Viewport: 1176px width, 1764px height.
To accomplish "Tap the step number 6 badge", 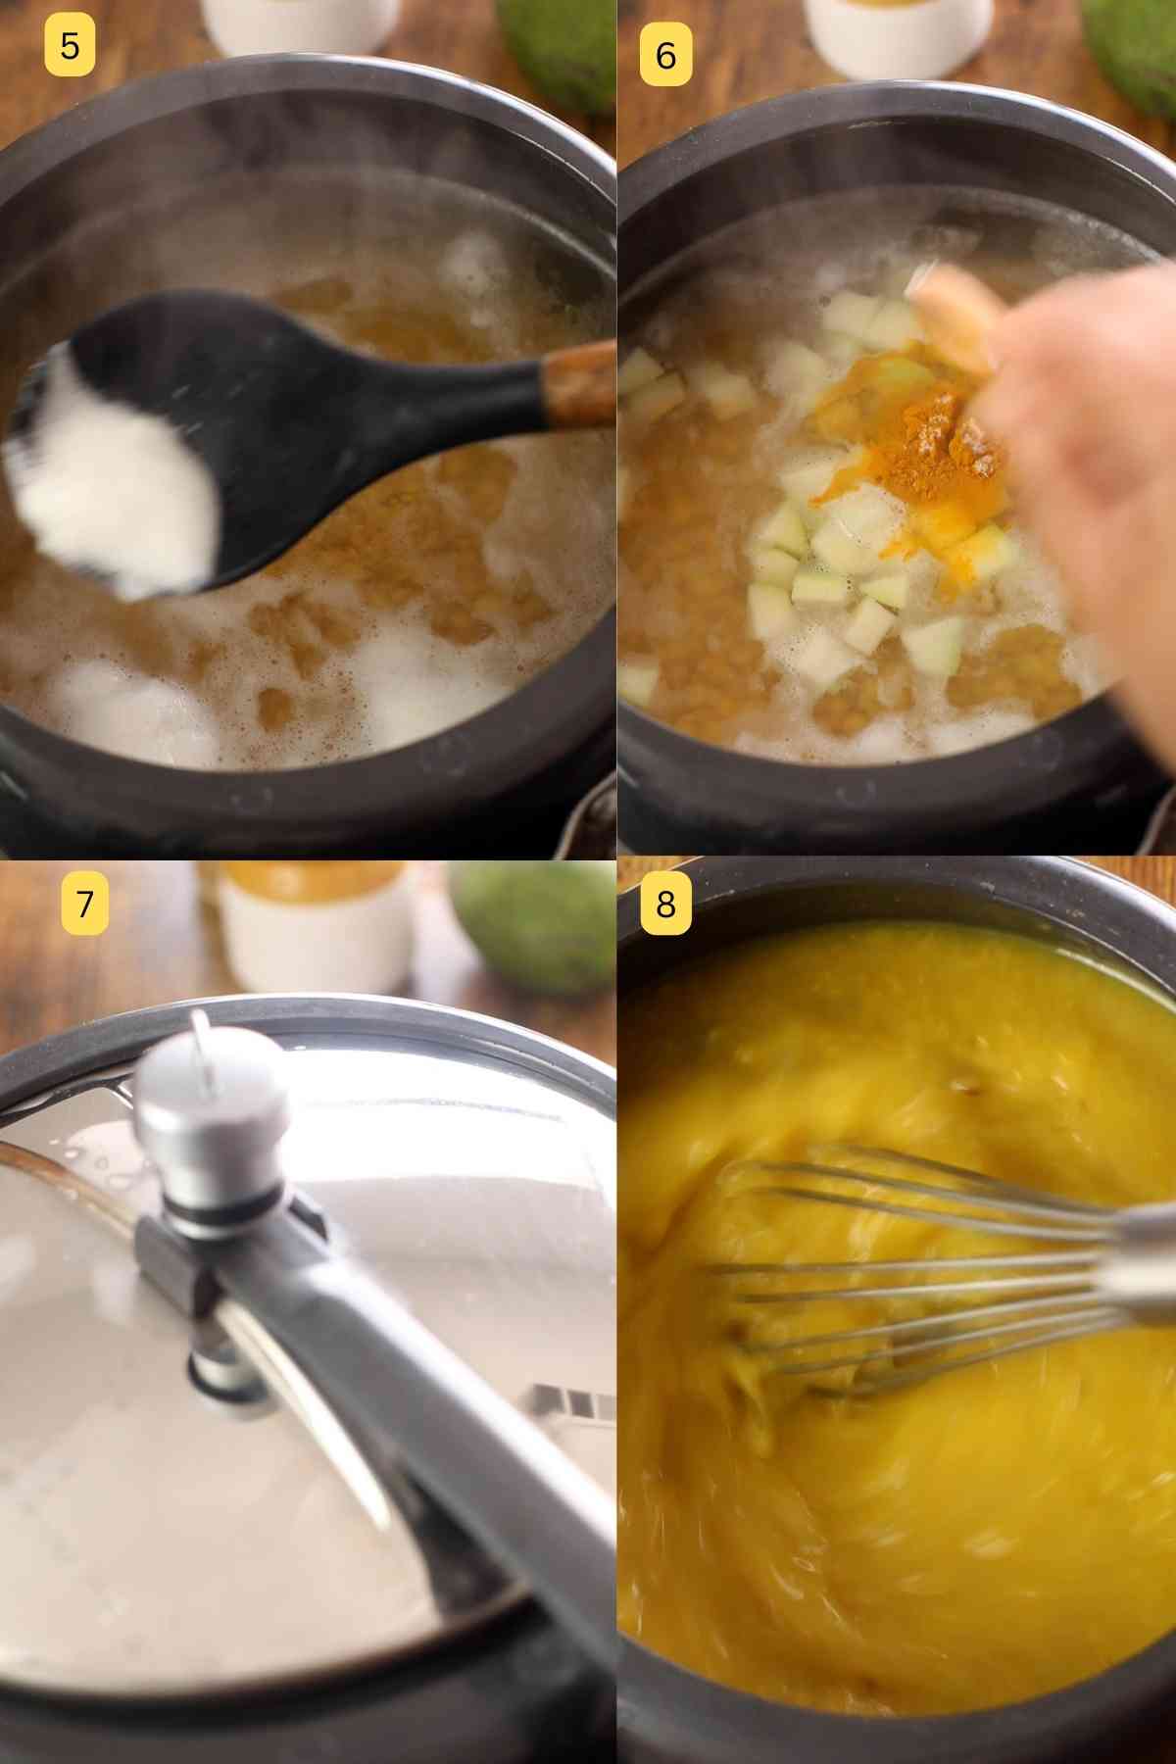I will point(665,55).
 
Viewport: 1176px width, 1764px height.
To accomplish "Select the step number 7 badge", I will point(84,902).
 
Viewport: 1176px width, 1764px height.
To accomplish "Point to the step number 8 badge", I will point(665,902).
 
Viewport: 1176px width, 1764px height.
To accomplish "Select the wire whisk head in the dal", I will point(882,1274).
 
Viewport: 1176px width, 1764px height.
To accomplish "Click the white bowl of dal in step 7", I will point(314,926).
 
